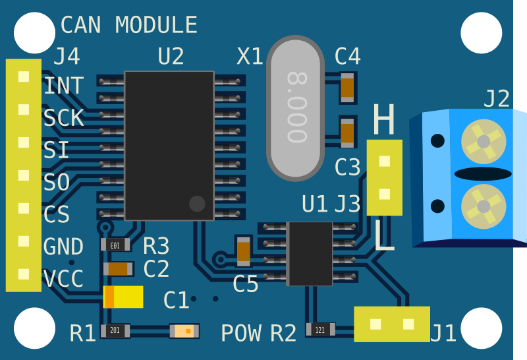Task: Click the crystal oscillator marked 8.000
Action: click(x=295, y=108)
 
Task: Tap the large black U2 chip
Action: click(x=169, y=145)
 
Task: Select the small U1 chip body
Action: click(x=310, y=253)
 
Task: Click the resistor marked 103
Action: click(x=115, y=245)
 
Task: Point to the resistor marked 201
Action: click(x=115, y=330)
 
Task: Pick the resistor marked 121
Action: click(x=320, y=330)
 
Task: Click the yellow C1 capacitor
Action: click(x=123, y=297)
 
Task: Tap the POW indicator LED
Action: click(x=184, y=330)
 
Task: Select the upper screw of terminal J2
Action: click(x=484, y=141)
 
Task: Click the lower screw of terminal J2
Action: click(x=484, y=206)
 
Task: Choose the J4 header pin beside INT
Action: click(x=24, y=77)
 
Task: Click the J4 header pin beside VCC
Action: click(x=24, y=274)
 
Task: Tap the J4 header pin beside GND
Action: click(x=24, y=241)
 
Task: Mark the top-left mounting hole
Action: click(x=34, y=33)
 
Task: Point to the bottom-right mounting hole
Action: click(x=481, y=327)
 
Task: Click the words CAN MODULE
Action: click(x=128, y=25)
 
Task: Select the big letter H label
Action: click(x=383, y=120)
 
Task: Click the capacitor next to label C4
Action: click(x=347, y=87)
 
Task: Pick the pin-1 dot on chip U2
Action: click(x=197, y=203)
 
